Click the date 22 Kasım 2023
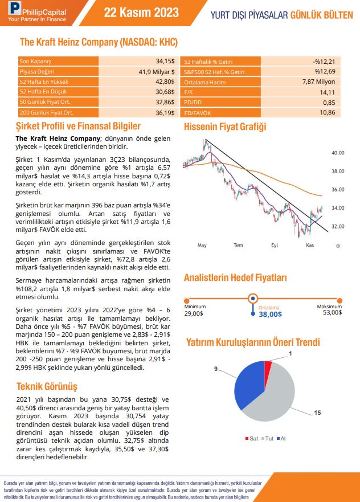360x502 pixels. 141,13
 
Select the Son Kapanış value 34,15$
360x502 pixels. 165,61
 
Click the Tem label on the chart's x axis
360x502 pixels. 238,245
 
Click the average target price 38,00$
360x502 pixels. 270,313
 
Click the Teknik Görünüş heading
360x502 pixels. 46,386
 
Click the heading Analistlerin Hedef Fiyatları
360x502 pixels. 235,278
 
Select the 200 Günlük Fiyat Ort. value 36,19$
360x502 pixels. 165,113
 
